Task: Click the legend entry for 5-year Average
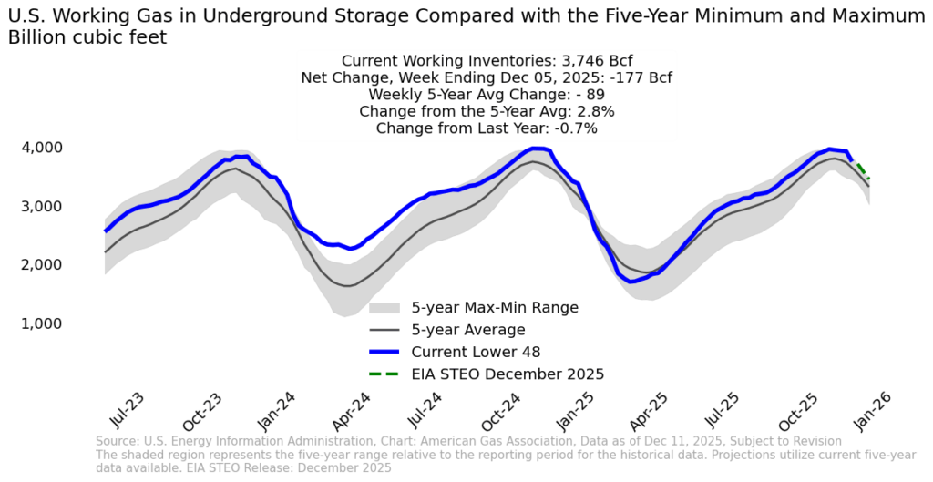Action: tap(468, 329)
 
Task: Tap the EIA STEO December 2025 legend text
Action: tap(508, 374)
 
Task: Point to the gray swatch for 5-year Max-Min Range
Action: tap(384, 307)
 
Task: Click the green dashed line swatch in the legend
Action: tap(384, 374)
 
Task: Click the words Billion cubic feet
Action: tap(87, 36)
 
